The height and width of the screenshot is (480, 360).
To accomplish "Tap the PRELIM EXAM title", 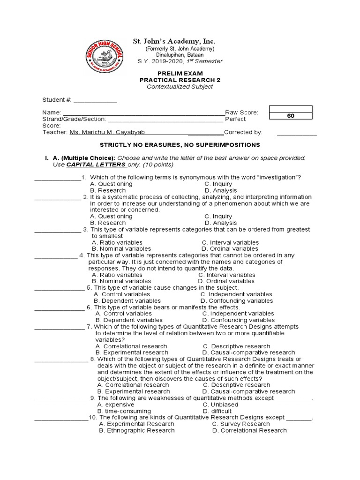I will [x=180, y=73].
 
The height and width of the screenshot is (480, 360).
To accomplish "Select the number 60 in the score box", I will [x=291, y=116].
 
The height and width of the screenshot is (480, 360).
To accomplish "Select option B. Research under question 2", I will [x=108, y=223].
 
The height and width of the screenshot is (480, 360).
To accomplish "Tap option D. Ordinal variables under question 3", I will [x=230, y=249].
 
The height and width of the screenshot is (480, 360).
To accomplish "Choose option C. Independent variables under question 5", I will [x=236, y=294].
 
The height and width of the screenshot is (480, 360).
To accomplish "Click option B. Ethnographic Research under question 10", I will [x=136, y=430].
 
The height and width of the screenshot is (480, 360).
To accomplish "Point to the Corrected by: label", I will [x=243, y=133].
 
